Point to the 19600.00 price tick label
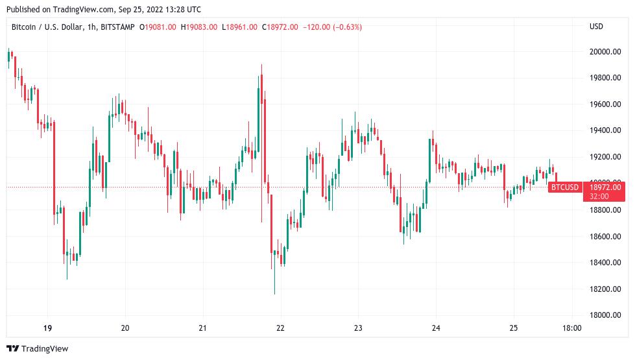tap(605, 104)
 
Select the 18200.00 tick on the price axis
tap(605, 289)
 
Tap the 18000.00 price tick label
tap(605, 315)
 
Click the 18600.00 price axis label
tap(605, 236)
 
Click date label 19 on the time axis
tap(47, 328)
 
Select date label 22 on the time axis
tap(280, 328)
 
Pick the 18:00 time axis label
tap(571, 328)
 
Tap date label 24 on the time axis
tap(436, 328)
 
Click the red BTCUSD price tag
tap(564, 187)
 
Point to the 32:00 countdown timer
tap(599, 196)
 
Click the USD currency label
tap(596, 27)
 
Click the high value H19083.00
tap(199, 27)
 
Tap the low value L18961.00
tap(240, 27)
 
